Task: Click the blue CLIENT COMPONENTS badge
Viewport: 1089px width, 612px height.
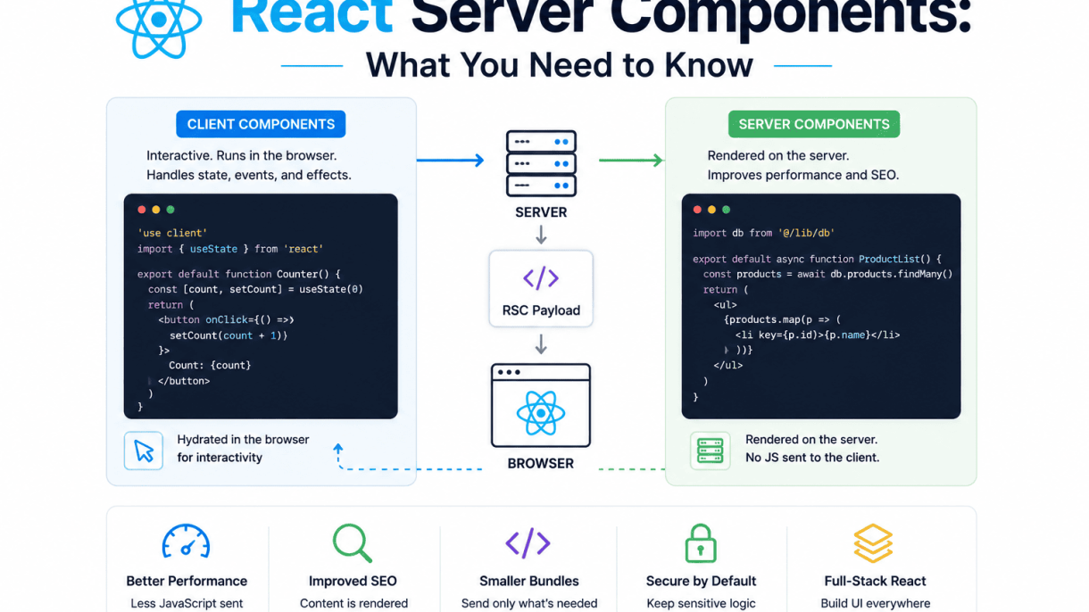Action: click(261, 124)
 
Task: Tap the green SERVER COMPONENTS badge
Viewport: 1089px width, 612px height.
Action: click(814, 124)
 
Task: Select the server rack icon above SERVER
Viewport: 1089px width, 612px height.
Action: click(541, 163)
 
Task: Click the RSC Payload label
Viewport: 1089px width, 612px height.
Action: click(541, 310)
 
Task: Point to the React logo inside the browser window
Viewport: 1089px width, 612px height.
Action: click(541, 413)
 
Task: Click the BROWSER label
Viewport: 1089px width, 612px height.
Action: click(541, 463)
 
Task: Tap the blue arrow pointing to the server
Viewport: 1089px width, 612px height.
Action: click(450, 160)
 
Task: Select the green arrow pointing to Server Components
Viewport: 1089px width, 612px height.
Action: click(631, 160)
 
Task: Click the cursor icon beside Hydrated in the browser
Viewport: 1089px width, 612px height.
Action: click(144, 451)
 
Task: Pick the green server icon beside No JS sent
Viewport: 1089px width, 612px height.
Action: click(711, 451)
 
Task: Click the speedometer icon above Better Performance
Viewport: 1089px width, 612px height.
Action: click(186, 542)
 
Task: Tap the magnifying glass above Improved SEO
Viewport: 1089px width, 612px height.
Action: click(353, 543)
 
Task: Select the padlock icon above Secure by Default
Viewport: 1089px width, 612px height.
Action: click(701, 543)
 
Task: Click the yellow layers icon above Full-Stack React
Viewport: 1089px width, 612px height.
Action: click(873, 543)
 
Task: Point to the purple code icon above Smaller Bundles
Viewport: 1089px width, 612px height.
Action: click(528, 543)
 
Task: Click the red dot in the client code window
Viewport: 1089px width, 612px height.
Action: click(141, 210)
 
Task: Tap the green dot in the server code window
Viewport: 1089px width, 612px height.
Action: click(727, 210)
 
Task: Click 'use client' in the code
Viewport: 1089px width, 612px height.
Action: click(172, 233)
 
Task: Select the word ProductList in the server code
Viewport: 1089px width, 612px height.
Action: click(889, 259)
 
